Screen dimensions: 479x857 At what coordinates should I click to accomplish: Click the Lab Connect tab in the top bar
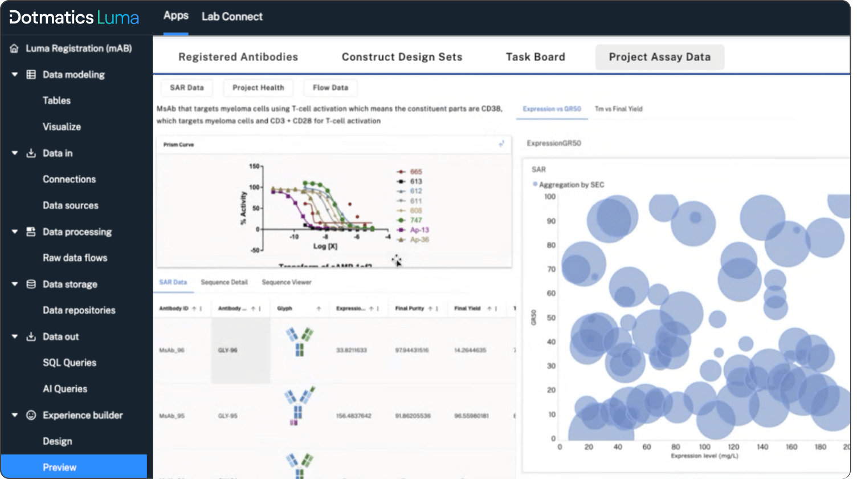232,17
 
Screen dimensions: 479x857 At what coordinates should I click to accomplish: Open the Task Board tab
535,57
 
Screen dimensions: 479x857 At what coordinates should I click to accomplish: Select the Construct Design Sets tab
402,57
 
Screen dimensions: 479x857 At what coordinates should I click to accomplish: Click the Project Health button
258,88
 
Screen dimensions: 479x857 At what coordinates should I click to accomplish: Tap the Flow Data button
330,88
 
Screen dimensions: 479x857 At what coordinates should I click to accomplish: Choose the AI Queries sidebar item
65,389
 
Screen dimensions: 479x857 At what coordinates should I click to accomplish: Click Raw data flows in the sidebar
75,258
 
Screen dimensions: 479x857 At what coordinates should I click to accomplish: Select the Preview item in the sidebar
59,468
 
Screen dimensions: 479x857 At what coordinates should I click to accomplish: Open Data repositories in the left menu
79,310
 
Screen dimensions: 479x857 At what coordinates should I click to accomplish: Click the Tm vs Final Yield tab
618,109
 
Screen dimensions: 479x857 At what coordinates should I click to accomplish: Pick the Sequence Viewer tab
287,282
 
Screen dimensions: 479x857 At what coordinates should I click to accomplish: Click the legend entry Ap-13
419,230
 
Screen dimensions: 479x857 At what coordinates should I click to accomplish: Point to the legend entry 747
416,220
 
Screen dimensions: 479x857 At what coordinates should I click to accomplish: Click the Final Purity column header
410,308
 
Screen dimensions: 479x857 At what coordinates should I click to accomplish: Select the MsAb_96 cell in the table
172,350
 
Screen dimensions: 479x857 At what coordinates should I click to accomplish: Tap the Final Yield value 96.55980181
471,416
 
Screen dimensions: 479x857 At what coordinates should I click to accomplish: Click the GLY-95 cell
227,416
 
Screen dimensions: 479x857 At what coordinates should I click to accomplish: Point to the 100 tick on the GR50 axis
550,197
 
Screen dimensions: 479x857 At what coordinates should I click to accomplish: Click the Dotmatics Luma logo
74,17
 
